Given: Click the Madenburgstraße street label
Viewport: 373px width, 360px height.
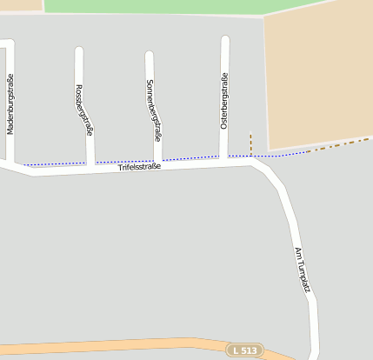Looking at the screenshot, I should [10, 104].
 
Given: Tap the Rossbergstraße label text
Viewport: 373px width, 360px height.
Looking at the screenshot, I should [83, 110].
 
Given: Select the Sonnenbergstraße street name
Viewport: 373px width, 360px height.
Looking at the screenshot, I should [153, 110].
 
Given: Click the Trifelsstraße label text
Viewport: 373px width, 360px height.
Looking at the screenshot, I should [140, 167].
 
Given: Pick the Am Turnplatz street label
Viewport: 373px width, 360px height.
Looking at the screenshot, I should [302, 269].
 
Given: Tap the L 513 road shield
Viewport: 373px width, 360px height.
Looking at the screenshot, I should [244, 350].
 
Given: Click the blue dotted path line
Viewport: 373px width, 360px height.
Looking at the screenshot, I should [122, 161].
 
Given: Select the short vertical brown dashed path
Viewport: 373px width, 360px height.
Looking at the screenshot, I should [250, 143].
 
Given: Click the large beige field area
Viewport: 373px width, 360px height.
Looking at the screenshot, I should [317, 74].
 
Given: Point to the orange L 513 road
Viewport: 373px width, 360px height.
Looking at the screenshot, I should [130, 346].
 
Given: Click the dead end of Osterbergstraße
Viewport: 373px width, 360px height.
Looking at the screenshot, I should [225, 40].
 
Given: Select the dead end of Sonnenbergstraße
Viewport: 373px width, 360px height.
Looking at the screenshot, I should [149, 56].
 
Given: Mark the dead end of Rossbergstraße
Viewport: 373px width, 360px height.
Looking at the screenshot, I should [78, 51].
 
